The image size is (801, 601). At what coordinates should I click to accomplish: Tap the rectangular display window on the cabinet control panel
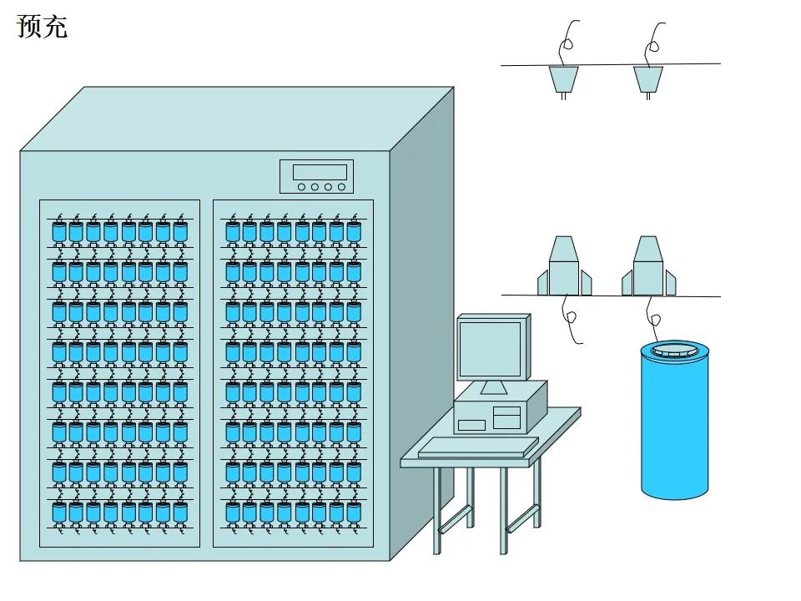tap(320, 172)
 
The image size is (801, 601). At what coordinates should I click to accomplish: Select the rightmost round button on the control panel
tap(340, 187)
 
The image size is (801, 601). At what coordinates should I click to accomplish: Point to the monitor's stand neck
tap(493, 386)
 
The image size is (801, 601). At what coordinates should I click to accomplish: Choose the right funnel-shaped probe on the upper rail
tap(648, 79)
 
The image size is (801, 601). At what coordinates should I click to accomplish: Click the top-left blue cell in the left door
tap(58, 233)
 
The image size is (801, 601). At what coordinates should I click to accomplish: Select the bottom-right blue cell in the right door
tap(353, 512)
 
